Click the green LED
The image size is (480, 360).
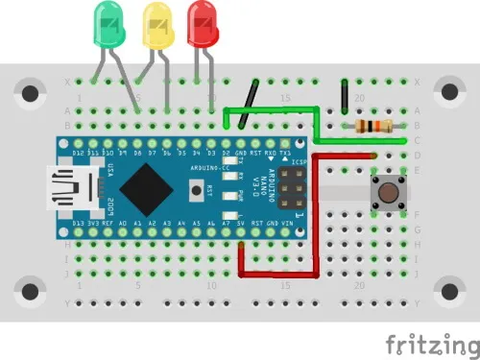(108, 25)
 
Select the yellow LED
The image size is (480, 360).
(156, 25)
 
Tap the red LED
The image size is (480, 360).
(203, 23)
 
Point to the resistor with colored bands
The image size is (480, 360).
(373, 126)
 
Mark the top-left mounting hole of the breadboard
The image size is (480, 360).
(31, 93)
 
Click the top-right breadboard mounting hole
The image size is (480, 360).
(447, 93)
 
